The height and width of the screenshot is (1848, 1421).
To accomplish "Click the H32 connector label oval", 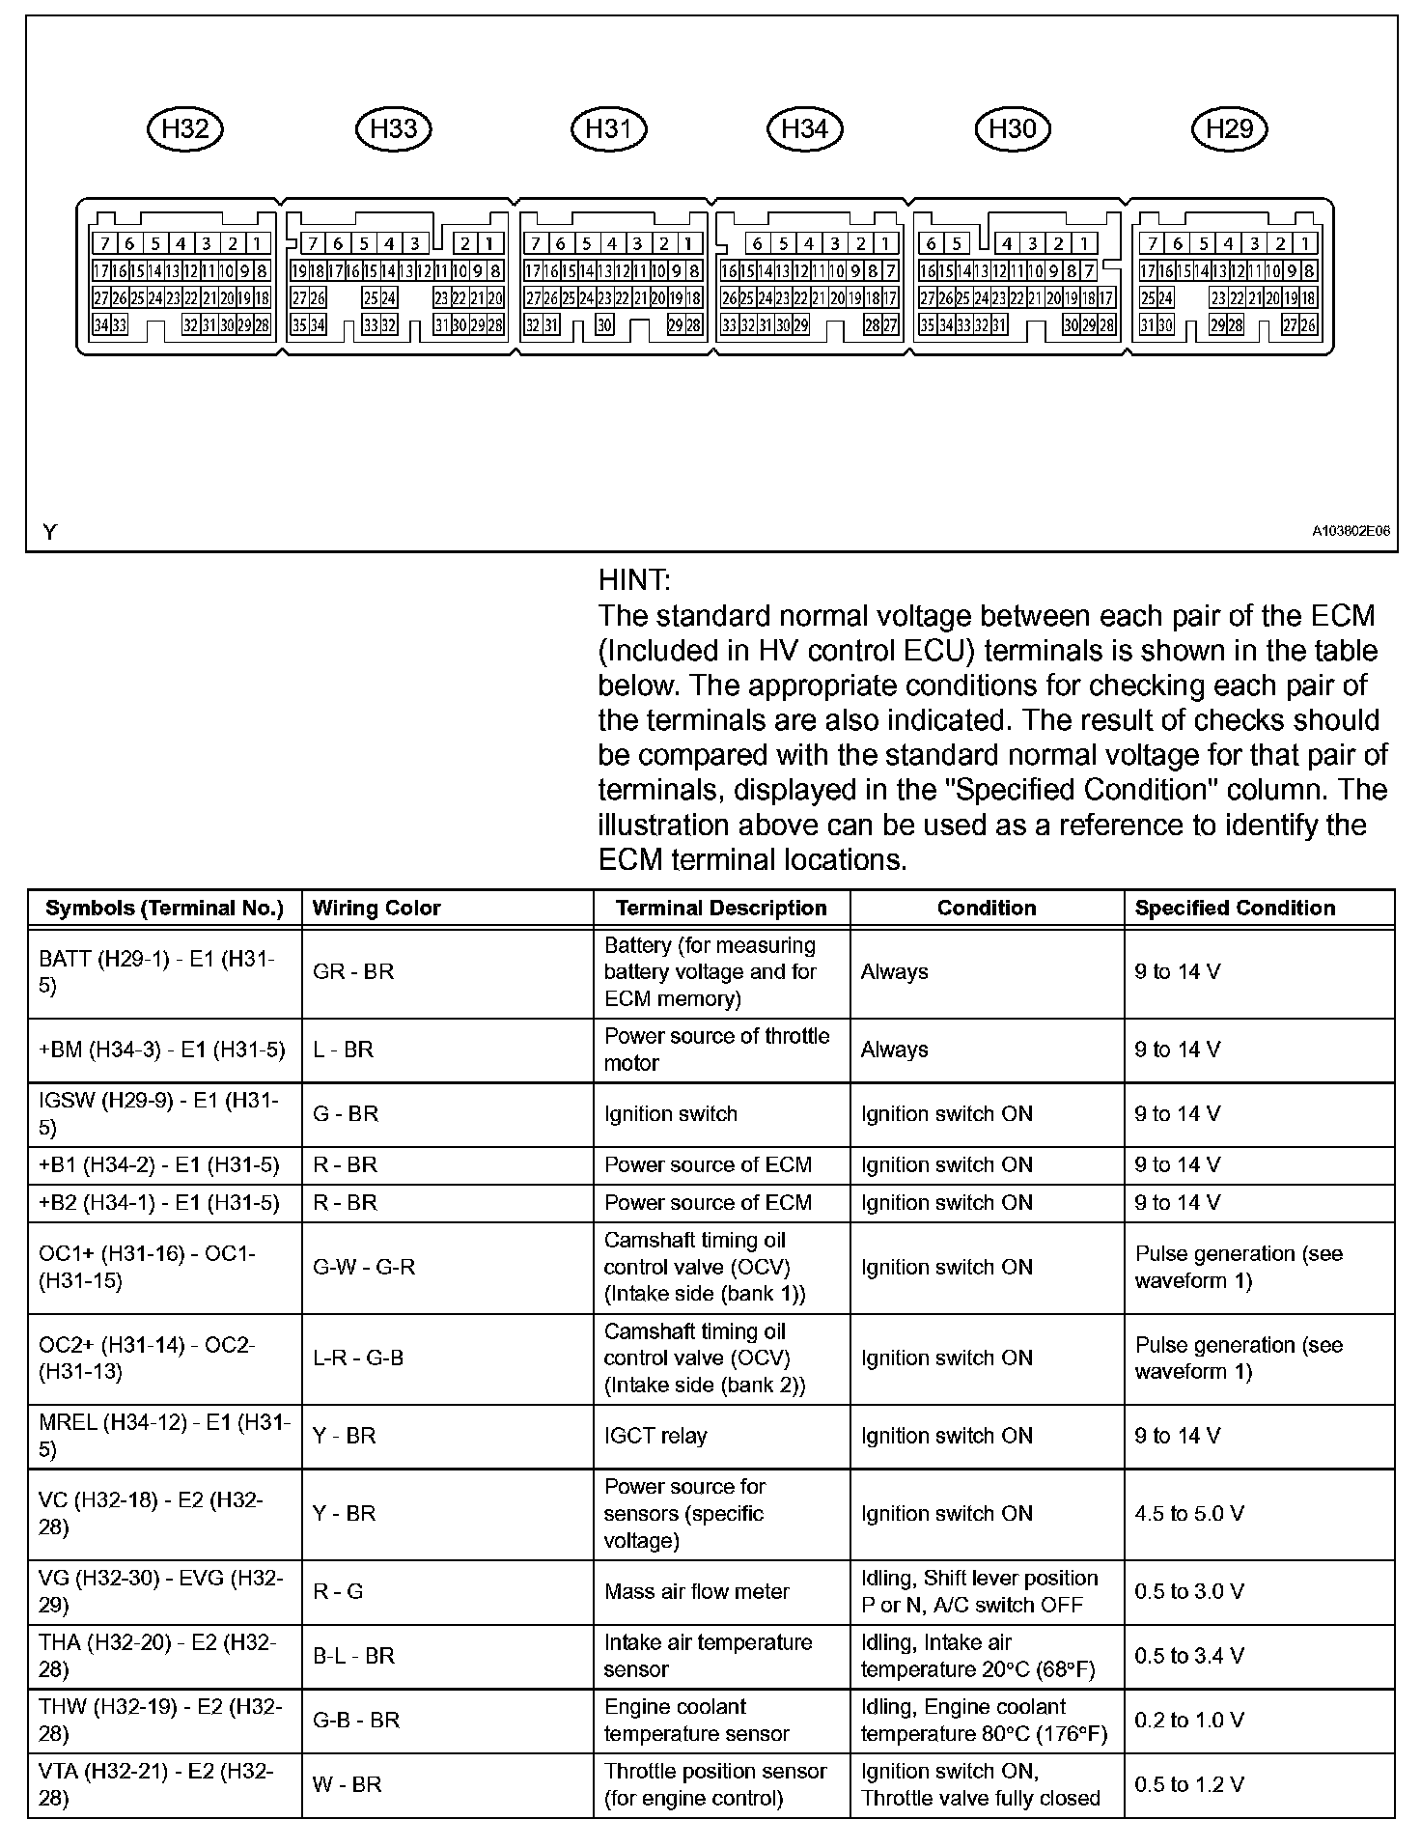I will pyautogui.click(x=184, y=128).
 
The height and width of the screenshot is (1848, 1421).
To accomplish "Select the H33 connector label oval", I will pyautogui.click(x=394, y=128).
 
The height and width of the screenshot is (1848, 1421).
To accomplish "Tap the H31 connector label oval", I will pyautogui.click(x=608, y=128).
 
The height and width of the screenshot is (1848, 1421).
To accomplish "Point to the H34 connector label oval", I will pyautogui.click(x=804, y=128).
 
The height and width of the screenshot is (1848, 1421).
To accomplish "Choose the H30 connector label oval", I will pyautogui.click(x=1013, y=128).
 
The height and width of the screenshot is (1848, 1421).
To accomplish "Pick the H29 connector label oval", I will pyautogui.click(x=1229, y=128).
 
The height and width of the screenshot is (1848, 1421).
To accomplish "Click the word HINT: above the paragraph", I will pyautogui.click(x=634, y=580).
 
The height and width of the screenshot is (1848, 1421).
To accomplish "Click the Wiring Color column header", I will pyautogui.click(x=376, y=908).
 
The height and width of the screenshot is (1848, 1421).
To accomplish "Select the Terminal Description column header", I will pyautogui.click(x=721, y=908).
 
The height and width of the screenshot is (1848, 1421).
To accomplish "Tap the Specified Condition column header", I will pyautogui.click(x=1235, y=908).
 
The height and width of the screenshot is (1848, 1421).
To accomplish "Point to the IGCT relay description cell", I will pyautogui.click(x=655, y=1436).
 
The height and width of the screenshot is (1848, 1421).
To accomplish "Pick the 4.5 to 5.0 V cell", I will pyautogui.click(x=1189, y=1513).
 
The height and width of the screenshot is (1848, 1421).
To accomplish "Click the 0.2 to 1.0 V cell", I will pyautogui.click(x=1189, y=1720).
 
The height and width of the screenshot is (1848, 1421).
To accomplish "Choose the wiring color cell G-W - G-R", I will pyautogui.click(x=364, y=1267).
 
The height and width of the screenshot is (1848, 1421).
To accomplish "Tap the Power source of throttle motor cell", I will pyautogui.click(x=716, y=1050).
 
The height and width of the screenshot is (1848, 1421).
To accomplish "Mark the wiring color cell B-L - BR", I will pyautogui.click(x=353, y=1656).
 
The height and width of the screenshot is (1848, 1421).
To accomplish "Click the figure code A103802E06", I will pyautogui.click(x=1351, y=531).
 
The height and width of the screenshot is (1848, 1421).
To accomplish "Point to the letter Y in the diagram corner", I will pyautogui.click(x=50, y=532).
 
